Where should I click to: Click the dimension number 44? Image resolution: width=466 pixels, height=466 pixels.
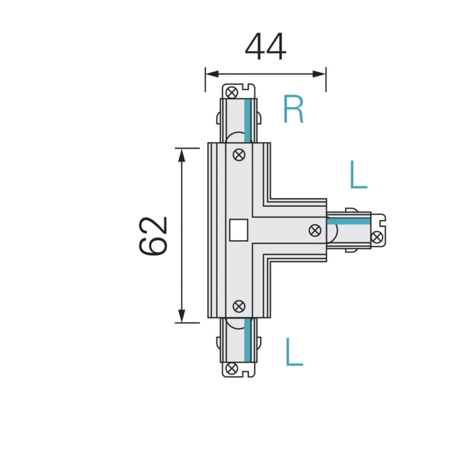(x=266, y=47)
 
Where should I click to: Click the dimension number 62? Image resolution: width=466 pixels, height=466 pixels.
(x=153, y=236)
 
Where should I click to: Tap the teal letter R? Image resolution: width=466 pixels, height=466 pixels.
(x=294, y=109)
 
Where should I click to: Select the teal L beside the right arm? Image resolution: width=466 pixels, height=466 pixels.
(x=359, y=174)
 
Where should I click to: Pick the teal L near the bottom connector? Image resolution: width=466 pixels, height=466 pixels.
(x=294, y=352)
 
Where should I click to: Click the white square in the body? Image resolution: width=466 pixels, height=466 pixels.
(x=239, y=230)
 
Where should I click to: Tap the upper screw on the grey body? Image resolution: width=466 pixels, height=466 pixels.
(x=239, y=155)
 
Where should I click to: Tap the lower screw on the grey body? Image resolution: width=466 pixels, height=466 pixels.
(x=239, y=306)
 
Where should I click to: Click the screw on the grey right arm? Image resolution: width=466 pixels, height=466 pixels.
(x=315, y=230)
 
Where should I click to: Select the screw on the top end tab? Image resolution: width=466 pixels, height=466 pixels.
(x=231, y=92)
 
